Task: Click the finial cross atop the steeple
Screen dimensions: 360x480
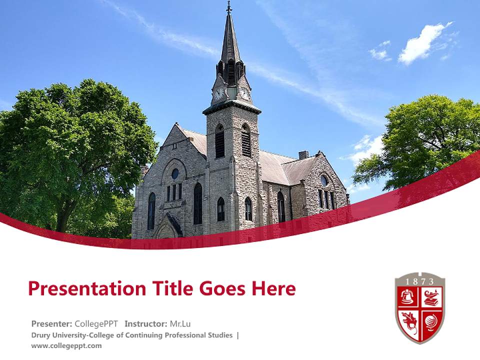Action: coord(229,7)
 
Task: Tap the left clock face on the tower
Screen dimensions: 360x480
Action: coord(219,93)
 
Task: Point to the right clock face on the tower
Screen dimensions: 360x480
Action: coord(245,93)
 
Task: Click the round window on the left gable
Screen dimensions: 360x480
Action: coord(175,173)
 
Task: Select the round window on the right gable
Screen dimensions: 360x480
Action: coord(324,180)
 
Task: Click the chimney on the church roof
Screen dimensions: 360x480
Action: coord(303,154)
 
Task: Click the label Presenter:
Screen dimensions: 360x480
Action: coord(51,323)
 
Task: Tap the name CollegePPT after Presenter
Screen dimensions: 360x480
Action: coord(96,323)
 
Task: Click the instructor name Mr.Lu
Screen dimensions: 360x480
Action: coord(180,323)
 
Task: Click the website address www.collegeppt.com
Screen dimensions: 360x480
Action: coord(66,345)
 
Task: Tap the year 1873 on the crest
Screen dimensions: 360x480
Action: coord(420,281)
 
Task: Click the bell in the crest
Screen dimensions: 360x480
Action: coord(408,297)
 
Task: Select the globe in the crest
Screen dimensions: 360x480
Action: coord(431,320)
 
